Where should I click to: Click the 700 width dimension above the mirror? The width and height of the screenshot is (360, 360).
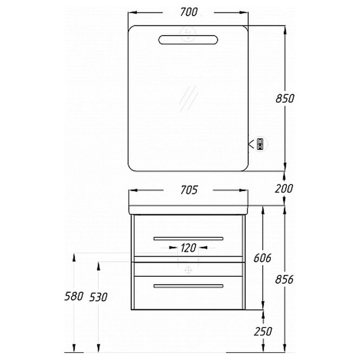(x=189, y=12)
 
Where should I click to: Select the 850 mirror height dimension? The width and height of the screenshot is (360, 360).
(x=285, y=98)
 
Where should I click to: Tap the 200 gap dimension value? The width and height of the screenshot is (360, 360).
(x=284, y=189)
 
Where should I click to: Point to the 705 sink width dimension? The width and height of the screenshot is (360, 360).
(x=189, y=190)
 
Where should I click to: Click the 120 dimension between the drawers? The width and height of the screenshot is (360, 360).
(x=188, y=248)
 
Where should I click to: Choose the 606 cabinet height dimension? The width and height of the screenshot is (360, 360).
(x=262, y=258)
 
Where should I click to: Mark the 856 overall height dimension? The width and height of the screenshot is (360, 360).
(x=284, y=279)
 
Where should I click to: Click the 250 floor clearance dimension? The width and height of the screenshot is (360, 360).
(x=263, y=331)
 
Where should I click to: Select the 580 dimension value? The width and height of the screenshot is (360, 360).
(x=74, y=296)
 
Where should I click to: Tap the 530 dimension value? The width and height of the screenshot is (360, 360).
(x=98, y=297)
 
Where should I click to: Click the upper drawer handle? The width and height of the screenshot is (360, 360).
(x=188, y=239)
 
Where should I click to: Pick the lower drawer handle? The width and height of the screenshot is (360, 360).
(x=188, y=286)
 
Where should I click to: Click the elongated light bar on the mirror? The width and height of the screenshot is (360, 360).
(x=188, y=39)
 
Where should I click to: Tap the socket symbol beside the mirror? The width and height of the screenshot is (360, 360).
(x=260, y=144)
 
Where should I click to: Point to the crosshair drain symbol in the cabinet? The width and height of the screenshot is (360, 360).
(x=188, y=270)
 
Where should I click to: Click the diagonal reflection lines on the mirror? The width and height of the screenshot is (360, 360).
(x=189, y=98)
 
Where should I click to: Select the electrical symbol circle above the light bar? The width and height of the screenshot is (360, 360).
(x=188, y=34)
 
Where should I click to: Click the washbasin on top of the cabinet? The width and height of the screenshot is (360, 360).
(x=188, y=209)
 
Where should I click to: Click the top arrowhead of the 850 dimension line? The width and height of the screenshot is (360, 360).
(x=285, y=30)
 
